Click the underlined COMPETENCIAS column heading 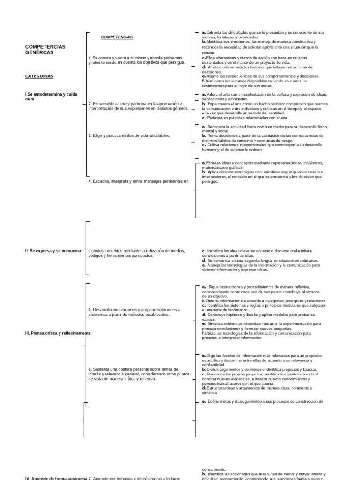coord(117,37)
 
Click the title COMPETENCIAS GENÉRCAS coord(45,50)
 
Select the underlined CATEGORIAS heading coord(39,76)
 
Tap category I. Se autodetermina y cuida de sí coord(51,96)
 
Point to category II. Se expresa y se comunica coord(53,251)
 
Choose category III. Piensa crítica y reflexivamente coord(58,333)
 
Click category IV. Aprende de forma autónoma coord(56,478)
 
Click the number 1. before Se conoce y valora coord(90,58)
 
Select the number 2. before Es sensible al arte coord(90,104)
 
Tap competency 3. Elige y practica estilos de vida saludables coord(129,135)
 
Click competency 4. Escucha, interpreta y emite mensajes coord(138,181)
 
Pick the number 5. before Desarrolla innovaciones coord(90,310)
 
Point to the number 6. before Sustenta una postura coord(90,369)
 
